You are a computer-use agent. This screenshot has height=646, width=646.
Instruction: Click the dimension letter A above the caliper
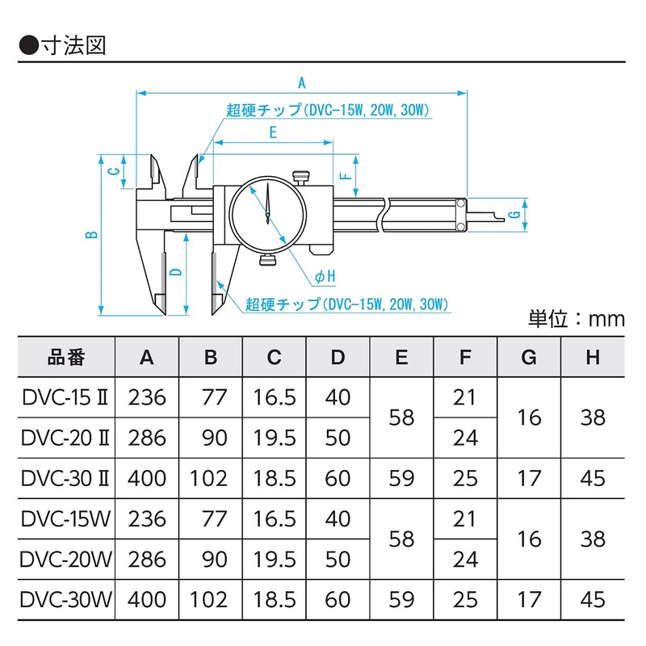[x=302, y=82]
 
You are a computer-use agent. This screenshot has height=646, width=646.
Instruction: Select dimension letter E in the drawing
[x=274, y=133]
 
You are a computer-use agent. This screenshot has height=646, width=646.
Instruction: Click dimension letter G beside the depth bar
[x=513, y=214]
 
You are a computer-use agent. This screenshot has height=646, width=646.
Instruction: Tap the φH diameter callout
[x=325, y=277]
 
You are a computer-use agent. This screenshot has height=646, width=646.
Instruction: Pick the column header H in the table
[x=593, y=357]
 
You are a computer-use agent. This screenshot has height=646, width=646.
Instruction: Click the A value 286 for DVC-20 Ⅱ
[x=146, y=438]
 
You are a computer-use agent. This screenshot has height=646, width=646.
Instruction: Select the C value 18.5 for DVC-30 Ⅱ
[x=274, y=478]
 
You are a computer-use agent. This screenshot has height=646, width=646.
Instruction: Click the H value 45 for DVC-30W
[x=593, y=599]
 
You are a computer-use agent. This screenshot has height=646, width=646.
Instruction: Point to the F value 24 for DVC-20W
[x=465, y=559]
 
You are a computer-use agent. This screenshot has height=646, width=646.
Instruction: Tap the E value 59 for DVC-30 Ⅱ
[x=401, y=478]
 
